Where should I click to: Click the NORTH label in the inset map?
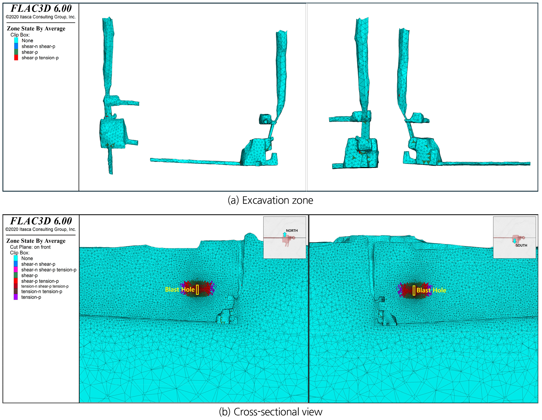pyautogui.click(x=292, y=231)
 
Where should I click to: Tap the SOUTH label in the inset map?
pyautogui.click(x=521, y=245)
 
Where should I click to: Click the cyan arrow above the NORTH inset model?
pyautogui.click(x=285, y=234)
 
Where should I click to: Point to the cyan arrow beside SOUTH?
pyautogui.click(x=515, y=241)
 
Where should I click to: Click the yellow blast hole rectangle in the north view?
pyautogui.click(x=197, y=290)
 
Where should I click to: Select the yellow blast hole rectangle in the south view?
pyautogui.click(x=414, y=290)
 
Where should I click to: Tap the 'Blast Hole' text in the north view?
pyautogui.click(x=180, y=290)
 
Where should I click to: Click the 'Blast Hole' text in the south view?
pyautogui.click(x=431, y=290)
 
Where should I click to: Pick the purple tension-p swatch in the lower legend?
pyautogui.click(x=16, y=297)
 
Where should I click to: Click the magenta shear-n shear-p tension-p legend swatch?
pyautogui.click(x=16, y=270)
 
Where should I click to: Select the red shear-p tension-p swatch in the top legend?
pyautogui.click(x=16, y=58)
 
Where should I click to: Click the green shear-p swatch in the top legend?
pyautogui.click(x=16, y=52)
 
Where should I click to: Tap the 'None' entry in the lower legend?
pyautogui.click(x=27, y=258)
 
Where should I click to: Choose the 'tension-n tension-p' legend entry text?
pyautogui.click(x=42, y=291)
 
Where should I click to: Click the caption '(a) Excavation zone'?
pyautogui.click(x=270, y=200)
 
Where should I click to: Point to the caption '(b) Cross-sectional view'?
pyautogui.click(x=271, y=412)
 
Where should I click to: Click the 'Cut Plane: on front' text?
pyautogui.click(x=30, y=247)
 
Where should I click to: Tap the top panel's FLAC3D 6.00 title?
pyautogui.click(x=41, y=8)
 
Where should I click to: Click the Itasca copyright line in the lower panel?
pyautogui.click(x=41, y=229)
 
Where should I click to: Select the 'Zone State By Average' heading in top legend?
pyautogui.click(x=36, y=29)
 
